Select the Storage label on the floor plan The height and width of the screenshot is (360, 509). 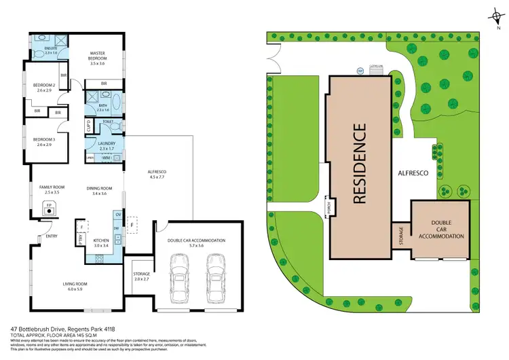(141, 275)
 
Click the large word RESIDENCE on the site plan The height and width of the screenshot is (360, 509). (360, 164)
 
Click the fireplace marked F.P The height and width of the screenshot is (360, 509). (48, 211)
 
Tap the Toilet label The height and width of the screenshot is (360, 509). (107, 122)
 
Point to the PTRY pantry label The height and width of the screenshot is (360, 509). (81, 240)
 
